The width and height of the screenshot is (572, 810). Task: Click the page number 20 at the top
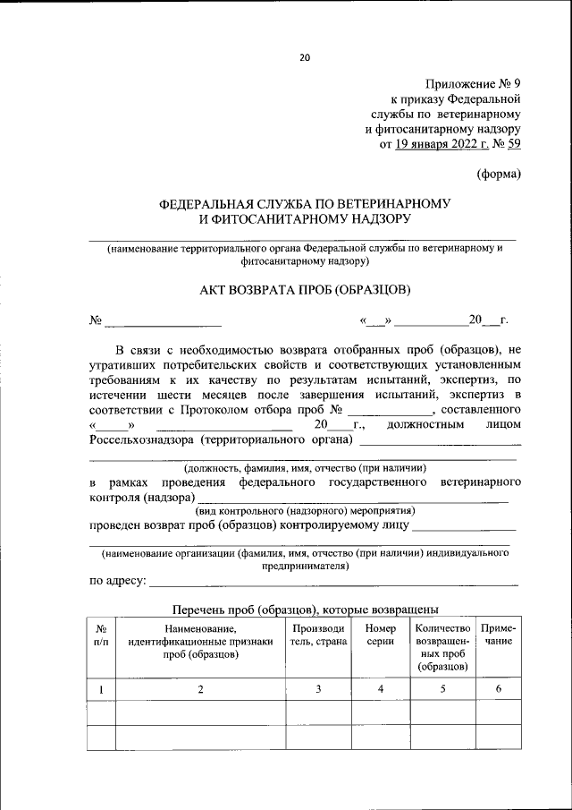click(x=304, y=58)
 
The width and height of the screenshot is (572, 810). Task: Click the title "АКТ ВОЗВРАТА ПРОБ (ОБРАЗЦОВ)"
click(x=305, y=290)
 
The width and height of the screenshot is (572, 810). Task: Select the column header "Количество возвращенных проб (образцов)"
click(x=442, y=647)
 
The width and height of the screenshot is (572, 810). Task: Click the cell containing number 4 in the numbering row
click(x=381, y=689)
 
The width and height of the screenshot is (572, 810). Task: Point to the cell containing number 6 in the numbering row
click(x=498, y=689)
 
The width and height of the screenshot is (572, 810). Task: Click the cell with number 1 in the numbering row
click(x=102, y=689)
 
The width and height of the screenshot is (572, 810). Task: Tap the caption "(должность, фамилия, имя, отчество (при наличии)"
click(x=305, y=468)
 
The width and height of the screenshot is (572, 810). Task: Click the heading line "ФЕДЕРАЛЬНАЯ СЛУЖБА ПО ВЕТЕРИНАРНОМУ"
click(x=305, y=203)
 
